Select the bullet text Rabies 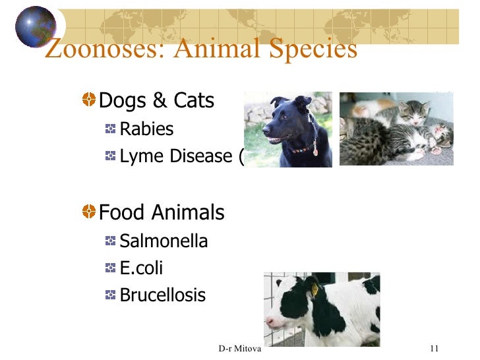tap(146, 129)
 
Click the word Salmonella tap(164, 241)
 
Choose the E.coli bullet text tap(141, 268)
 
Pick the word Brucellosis tap(162, 295)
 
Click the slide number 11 tap(434, 348)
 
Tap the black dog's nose tap(266, 130)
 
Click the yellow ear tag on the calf tap(315, 288)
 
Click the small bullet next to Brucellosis tap(110, 295)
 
